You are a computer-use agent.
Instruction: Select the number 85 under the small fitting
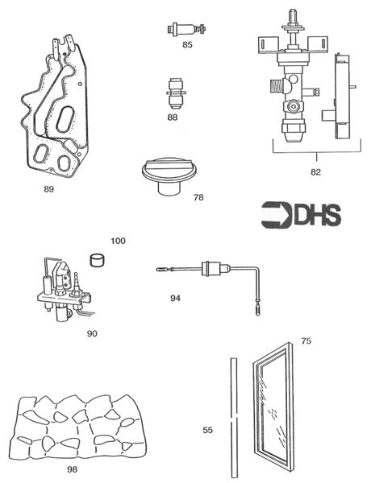(x=187, y=45)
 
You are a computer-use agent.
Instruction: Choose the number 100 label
(x=119, y=241)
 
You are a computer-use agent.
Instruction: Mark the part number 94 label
(x=175, y=298)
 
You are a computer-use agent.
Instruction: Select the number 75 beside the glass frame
(x=306, y=341)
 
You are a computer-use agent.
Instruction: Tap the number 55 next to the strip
(x=207, y=431)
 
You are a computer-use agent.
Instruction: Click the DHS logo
(x=301, y=215)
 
